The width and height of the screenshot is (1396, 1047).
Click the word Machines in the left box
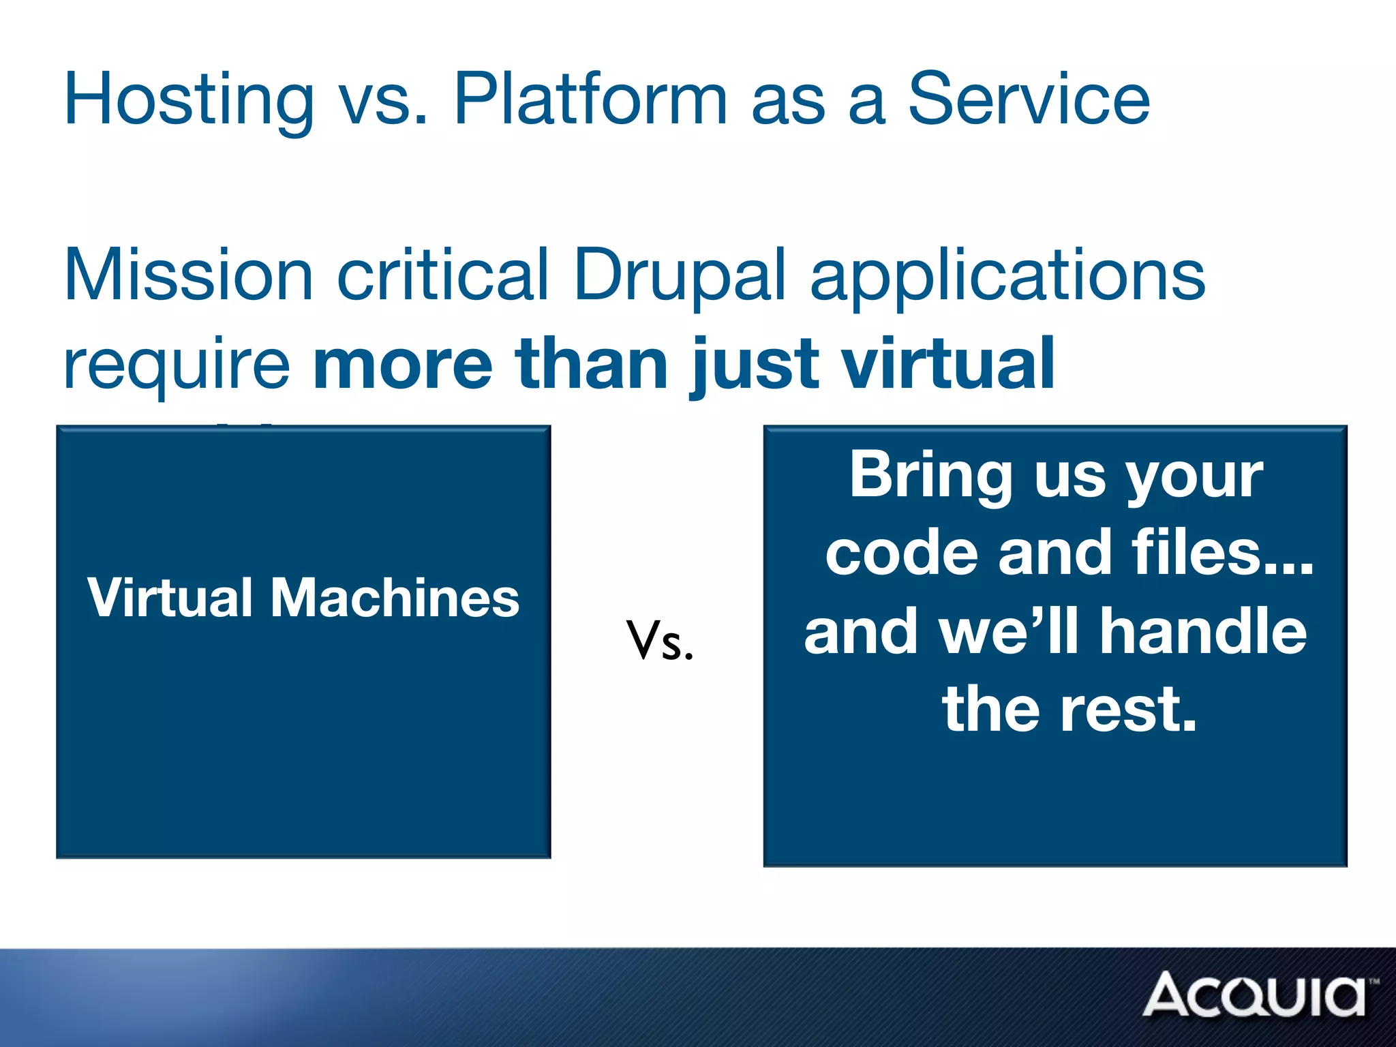(395, 598)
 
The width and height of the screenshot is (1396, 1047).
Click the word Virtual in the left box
(170, 598)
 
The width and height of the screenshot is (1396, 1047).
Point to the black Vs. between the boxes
(660, 641)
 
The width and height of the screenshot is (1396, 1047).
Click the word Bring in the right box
(930, 475)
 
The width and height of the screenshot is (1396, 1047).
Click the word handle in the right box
(1203, 631)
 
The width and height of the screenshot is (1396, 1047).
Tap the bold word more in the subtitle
(402, 364)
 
